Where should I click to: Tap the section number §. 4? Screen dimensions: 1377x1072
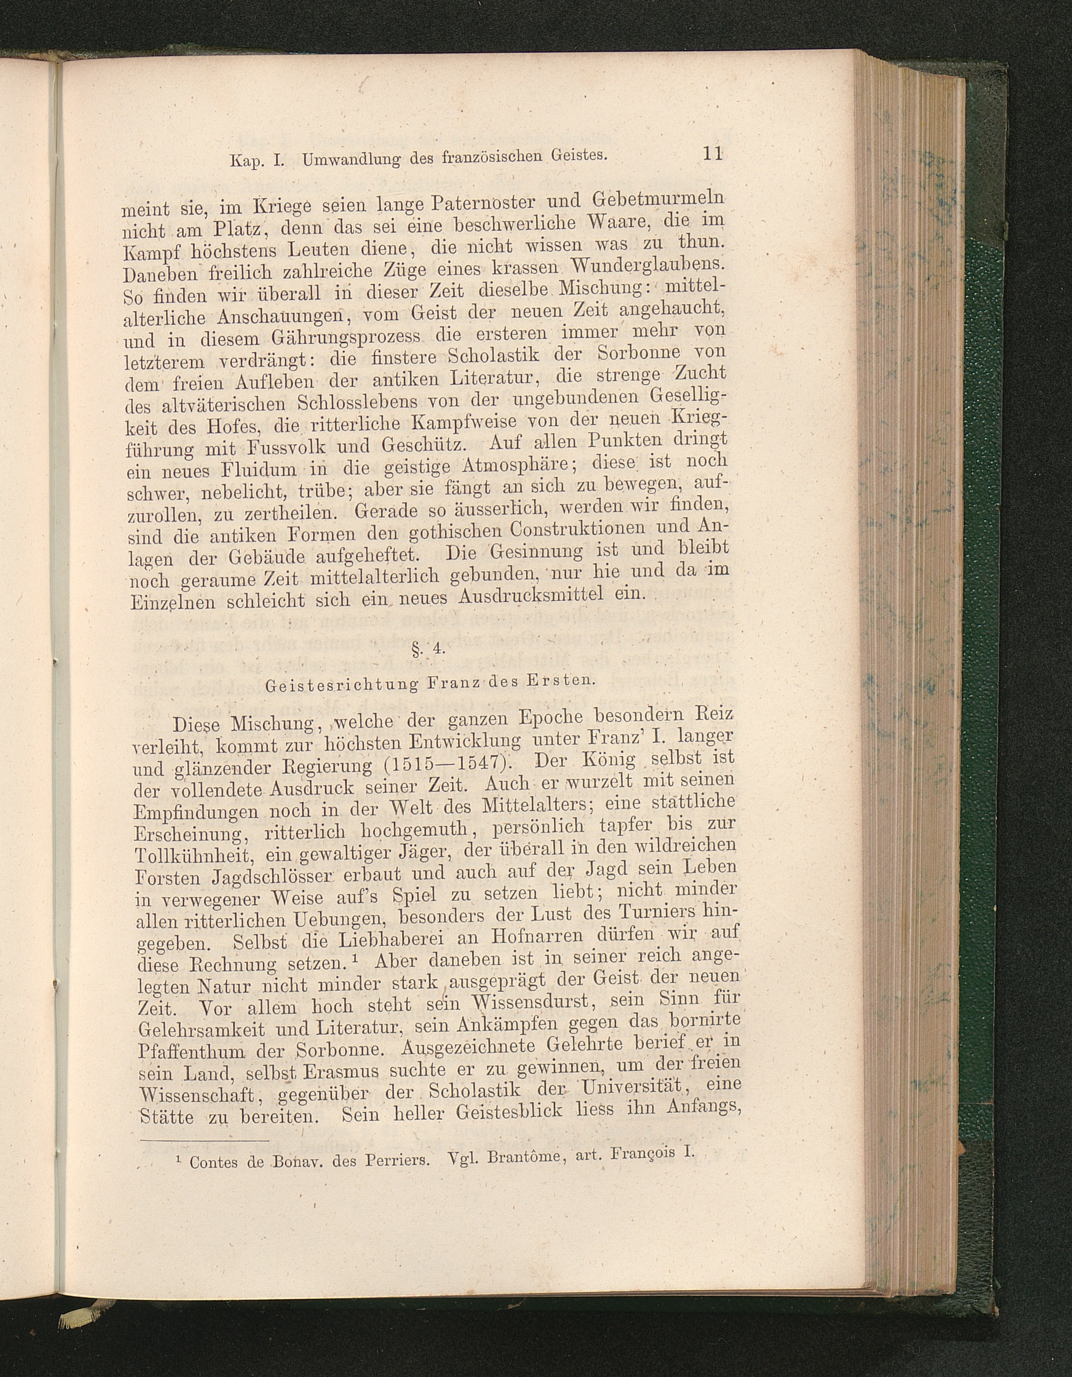428,649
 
